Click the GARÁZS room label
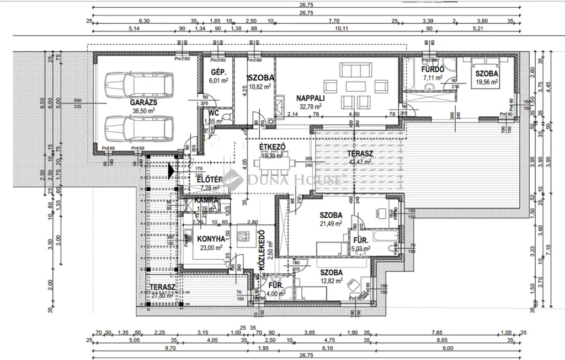(145, 103)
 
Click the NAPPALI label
(311, 98)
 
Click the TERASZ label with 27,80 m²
(162, 288)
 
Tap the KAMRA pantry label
(205, 201)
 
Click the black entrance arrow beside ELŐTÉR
(172, 172)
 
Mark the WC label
(214, 113)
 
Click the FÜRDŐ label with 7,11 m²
(433, 70)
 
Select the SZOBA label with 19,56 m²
(487, 73)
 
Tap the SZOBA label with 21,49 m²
(331, 215)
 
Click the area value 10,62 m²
(260, 87)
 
